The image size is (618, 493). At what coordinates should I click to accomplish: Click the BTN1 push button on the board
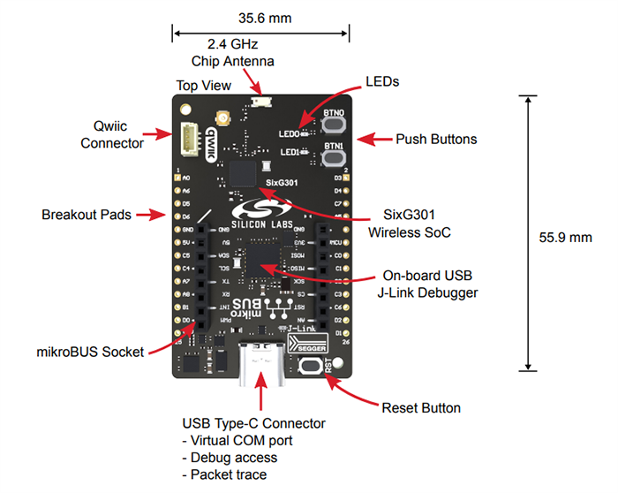(x=334, y=158)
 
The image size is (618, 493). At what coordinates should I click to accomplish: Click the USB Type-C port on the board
(x=261, y=364)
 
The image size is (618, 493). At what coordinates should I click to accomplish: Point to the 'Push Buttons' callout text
(x=436, y=140)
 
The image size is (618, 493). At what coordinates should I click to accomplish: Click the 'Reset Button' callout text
(x=421, y=408)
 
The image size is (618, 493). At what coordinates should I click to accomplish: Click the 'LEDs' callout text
(x=382, y=81)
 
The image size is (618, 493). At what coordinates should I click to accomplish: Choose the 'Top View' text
(x=203, y=86)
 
